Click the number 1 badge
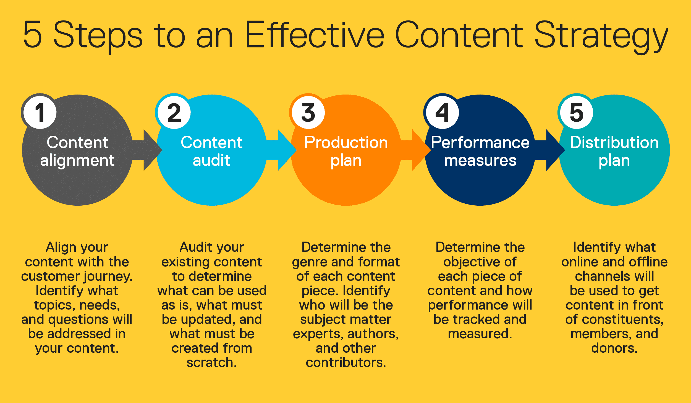(x=40, y=112)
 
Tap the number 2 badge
(x=174, y=112)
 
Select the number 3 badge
(x=308, y=112)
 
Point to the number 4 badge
(x=442, y=112)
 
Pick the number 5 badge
(x=576, y=112)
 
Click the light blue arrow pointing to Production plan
(x=283, y=150)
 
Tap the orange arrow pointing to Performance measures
(x=417, y=150)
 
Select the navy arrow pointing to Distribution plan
(x=551, y=150)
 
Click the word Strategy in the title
(x=601, y=36)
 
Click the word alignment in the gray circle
(x=77, y=161)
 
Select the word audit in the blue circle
(x=211, y=160)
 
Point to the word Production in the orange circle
(x=346, y=143)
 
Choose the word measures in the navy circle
(x=480, y=161)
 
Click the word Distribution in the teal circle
(x=614, y=143)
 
